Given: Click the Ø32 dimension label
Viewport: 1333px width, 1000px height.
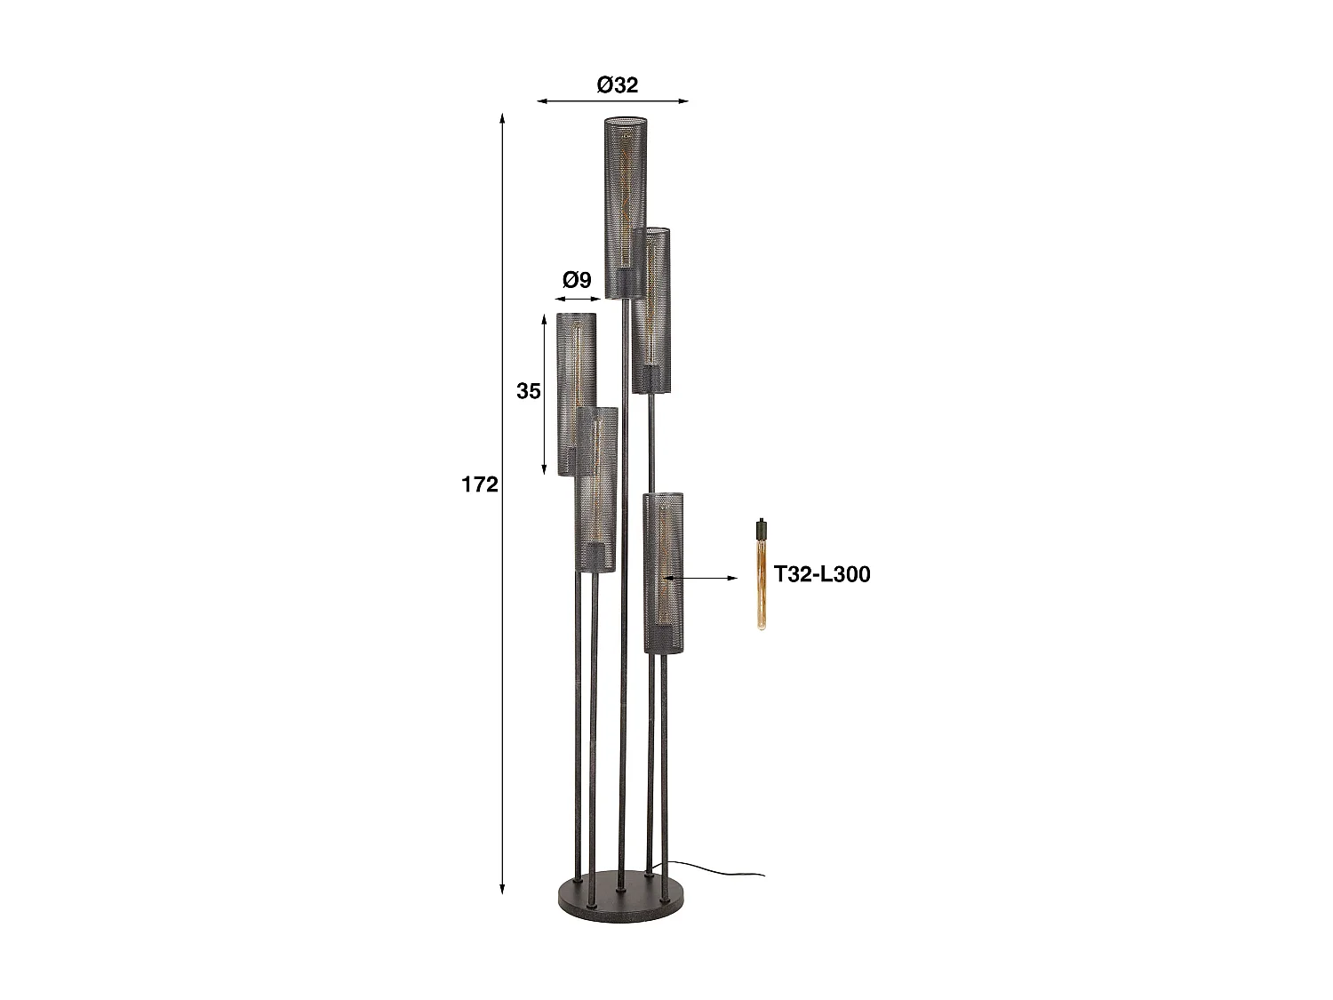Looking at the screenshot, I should click(617, 85).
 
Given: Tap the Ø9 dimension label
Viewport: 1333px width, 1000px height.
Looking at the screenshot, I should click(577, 281).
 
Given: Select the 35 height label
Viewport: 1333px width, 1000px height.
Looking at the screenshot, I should click(528, 391).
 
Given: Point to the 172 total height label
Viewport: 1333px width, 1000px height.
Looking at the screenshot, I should click(480, 484).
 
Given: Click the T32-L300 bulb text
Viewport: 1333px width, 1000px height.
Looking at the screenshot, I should click(821, 574).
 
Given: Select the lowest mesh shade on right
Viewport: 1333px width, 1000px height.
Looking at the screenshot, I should click(664, 573).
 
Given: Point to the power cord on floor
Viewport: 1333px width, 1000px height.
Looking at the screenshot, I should click(720, 868).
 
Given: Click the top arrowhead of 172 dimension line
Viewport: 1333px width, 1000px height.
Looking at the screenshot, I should click(502, 118).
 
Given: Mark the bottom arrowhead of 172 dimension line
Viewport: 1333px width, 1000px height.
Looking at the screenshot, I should click(502, 888).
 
